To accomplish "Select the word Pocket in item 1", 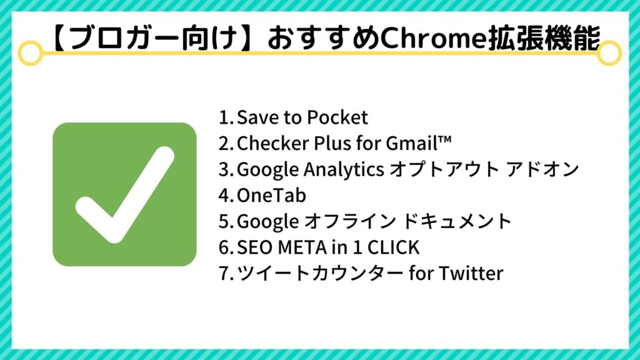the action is coord(337,117).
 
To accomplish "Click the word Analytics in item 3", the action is coord(344,170).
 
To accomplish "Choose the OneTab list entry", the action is coord(271,196).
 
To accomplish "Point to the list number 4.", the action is coord(225,196).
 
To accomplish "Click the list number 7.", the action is coord(225,274).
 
